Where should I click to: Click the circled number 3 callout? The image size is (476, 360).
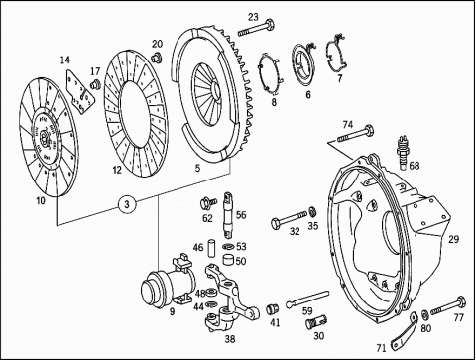127,204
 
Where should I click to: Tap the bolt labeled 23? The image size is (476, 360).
256,29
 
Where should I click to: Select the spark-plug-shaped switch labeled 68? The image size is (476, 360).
404,153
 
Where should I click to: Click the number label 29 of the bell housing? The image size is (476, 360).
453,239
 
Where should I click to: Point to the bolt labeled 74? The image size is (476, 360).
356,134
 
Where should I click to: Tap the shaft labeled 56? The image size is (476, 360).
229,215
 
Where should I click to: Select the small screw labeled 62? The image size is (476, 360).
207,202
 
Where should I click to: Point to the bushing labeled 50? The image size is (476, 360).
229,259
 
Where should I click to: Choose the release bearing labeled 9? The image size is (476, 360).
167,284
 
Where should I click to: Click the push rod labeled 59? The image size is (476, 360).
307,299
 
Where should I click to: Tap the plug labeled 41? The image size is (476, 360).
273,309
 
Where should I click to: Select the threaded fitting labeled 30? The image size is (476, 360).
316,322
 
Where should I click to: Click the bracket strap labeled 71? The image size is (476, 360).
405,330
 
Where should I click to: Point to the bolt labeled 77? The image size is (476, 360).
448,306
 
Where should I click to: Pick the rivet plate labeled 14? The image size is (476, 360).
80,92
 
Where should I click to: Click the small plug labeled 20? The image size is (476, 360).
156,57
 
